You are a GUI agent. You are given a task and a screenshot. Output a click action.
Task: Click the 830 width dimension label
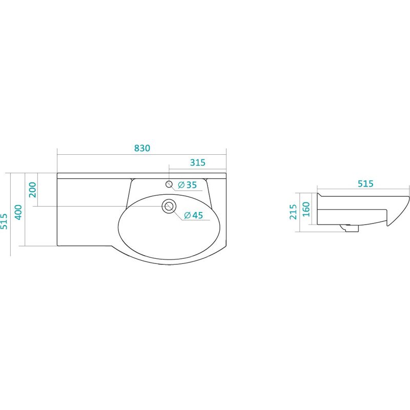[x=142, y=148]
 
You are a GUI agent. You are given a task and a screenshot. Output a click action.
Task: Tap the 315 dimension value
[x=198, y=162]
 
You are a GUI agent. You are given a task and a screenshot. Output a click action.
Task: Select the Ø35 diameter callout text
[x=187, y=185]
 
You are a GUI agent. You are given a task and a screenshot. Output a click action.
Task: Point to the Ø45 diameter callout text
[x=194, y=215]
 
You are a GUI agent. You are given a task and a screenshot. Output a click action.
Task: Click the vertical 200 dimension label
[x=33, y=190]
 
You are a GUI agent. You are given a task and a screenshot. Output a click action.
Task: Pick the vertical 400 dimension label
[x=18, y=212]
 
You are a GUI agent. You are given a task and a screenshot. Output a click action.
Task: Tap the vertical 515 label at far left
[x=4, y=221]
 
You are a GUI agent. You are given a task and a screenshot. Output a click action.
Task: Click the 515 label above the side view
[x=365, y=183]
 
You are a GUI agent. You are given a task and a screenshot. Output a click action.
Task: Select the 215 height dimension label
[x=293, y=212]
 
